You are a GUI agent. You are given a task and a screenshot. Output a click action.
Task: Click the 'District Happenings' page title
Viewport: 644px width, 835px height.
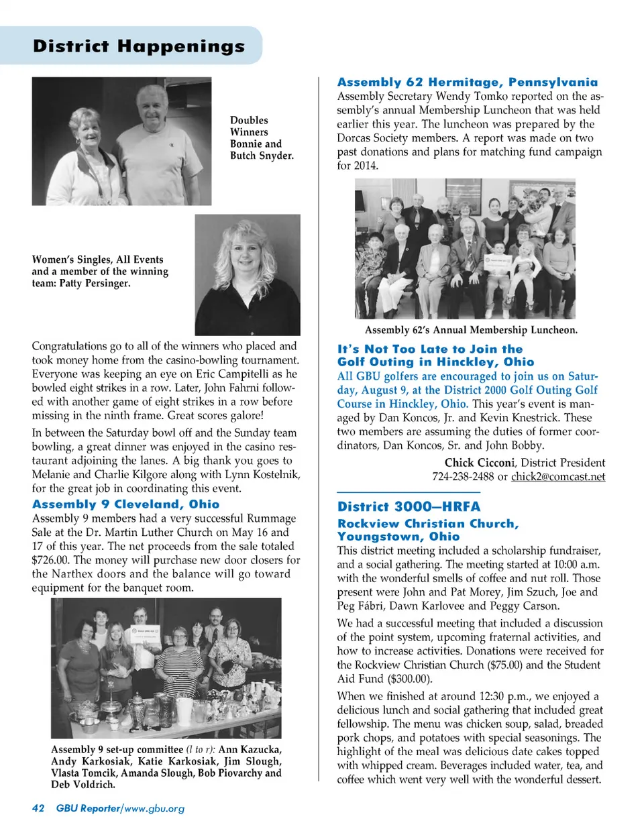coord(139,46)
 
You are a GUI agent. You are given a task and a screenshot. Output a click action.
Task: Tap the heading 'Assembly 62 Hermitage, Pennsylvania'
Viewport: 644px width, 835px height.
coord(467,82)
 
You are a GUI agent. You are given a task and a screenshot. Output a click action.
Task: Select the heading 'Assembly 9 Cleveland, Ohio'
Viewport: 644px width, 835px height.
coord(125,504)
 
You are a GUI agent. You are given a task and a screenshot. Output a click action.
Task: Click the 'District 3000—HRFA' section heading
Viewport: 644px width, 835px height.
coord(409,507)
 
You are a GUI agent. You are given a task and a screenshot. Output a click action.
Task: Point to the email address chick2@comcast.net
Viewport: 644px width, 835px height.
coord(557,477)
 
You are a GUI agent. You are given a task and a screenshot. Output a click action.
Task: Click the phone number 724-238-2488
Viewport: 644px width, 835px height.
coord(463,477)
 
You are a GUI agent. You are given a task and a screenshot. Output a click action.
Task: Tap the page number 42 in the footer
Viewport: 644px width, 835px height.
coord(38,808)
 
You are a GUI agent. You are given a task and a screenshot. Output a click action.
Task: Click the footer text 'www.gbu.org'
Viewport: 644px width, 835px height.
coord(154,808)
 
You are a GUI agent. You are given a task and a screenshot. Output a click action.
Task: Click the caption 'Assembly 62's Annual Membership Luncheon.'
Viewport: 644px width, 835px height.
coord(471,330)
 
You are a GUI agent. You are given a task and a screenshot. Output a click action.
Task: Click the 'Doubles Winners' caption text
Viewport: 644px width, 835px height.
coord(249,126)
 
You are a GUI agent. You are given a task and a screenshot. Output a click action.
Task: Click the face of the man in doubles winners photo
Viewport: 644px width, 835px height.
coord(151,107)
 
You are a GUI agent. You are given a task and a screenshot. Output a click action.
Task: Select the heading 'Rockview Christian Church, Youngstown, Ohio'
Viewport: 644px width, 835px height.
coord(428,530)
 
